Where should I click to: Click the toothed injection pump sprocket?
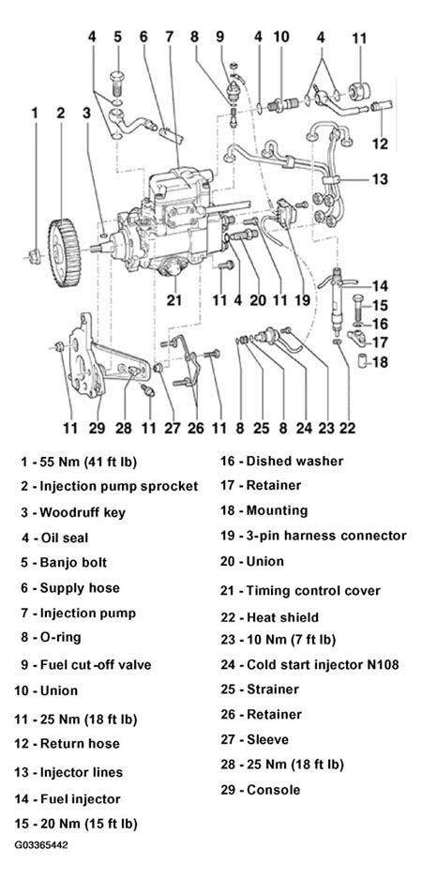tap(64, 245)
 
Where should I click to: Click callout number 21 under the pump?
tap(174, 300)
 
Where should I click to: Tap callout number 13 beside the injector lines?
tap(380, 179)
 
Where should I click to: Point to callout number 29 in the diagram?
tap(97, 429)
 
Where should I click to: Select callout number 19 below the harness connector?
tap(302, 300)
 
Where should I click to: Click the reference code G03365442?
tap(41, 844)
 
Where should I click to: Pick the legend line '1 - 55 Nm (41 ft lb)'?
tap(79, 462)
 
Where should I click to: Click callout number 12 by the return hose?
tap(380, 144)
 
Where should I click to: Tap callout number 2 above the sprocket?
tap(61, 113)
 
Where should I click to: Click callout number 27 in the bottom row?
tap(172, 429)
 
